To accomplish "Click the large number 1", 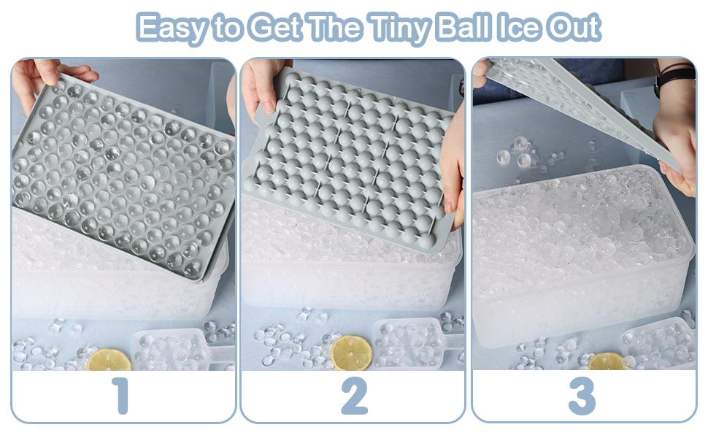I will tap(121, 397).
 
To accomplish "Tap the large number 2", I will tap(354, 397).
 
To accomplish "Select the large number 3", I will tap(582, 397).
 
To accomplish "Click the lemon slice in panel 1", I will tap(109, 360).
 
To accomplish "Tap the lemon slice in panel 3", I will tap(607, 361).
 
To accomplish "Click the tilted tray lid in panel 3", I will tap(584, 102).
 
